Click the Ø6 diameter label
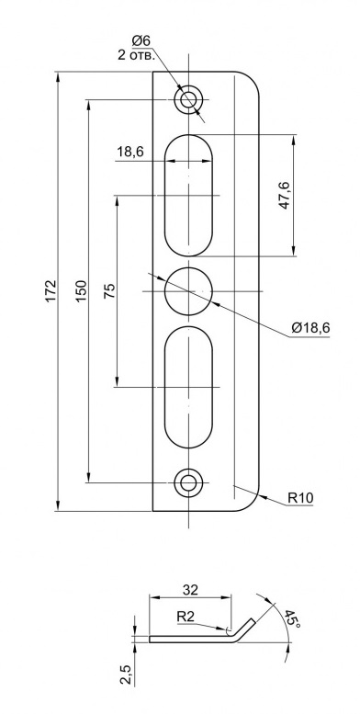point(141,40)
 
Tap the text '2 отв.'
point(137,55)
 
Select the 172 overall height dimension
point(51,289)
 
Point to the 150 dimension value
point(81,291)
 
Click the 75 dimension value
point(109,290)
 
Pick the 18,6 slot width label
point(130,152)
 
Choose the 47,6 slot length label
point(285,195)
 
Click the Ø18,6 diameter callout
point(310,327)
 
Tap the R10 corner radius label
point(300,498)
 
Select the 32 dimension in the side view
point(190,590)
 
